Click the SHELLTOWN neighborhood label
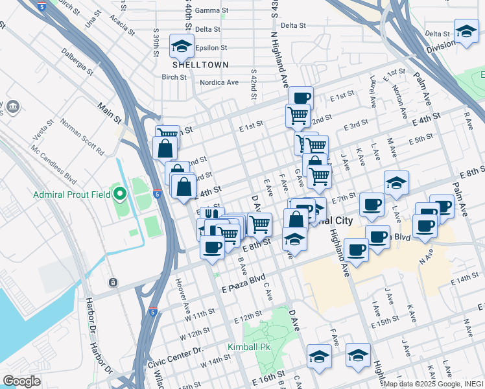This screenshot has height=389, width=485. click(191, 65)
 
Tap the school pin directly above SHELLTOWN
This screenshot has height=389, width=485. click(182, 46)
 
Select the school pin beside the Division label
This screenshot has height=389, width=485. click(466, 32)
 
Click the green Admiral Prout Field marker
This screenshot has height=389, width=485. click(119, 193)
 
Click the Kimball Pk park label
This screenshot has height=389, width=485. click(248, 347)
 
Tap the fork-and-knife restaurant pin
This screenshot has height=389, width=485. click(209, 215)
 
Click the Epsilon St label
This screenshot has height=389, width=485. click(211, 47)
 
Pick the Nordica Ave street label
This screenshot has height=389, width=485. click(219, 82)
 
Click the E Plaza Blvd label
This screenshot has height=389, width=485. click(244, 282)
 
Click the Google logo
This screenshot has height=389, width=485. click(21, 381)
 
